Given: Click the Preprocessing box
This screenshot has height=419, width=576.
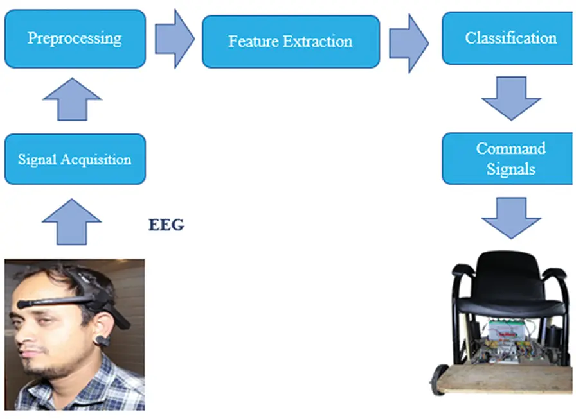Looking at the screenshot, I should coord(75,38).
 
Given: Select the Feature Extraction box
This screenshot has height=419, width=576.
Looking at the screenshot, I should coord(291,42).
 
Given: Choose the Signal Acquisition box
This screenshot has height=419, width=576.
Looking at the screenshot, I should coord(75,159).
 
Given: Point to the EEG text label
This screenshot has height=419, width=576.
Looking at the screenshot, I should coord(166,225).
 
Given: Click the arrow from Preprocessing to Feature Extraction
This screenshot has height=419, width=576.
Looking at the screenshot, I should coord(173,38).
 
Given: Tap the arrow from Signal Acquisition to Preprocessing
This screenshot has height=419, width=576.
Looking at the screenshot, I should coord(71,99).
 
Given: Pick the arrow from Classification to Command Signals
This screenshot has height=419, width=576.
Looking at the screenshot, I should coord(511,98).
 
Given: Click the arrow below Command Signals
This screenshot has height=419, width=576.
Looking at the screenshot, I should coord(511,218).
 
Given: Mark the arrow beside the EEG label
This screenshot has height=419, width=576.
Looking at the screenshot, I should coord(71,219).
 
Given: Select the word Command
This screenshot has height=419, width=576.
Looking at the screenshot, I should coord(511,149).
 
